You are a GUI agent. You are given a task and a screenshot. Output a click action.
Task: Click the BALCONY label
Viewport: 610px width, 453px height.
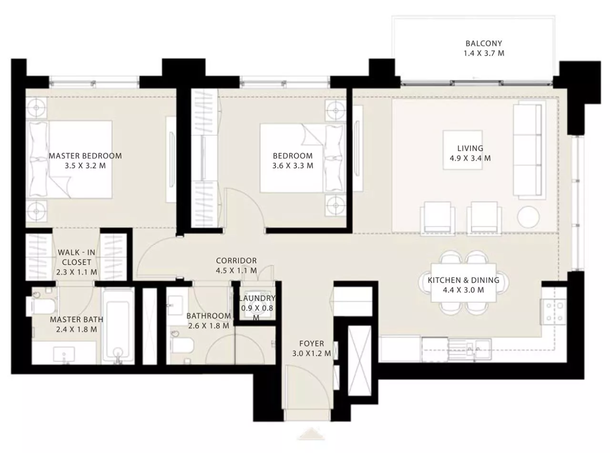click(484, 43)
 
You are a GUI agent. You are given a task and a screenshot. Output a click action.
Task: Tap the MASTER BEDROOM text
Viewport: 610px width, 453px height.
click(85, 156)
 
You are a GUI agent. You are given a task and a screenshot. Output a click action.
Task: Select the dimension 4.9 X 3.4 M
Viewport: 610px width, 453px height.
click(470, 158)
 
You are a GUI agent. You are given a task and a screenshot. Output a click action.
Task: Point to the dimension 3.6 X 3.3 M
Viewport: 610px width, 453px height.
click(293, 166)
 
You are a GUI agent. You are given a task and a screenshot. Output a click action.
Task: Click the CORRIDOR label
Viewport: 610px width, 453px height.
click(236, 261)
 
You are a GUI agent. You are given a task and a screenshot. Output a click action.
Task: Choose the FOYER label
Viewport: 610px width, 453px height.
click(312, 344)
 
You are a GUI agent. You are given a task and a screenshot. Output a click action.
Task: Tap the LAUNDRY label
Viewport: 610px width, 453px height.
click(257, 298)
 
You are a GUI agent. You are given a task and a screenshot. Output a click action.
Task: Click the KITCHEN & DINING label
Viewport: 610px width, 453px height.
click(463, 280)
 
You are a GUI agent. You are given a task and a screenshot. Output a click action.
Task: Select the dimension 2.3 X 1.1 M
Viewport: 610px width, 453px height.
click(77, 272)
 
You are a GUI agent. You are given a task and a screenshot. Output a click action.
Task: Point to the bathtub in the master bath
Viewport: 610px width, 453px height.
click(118, 326)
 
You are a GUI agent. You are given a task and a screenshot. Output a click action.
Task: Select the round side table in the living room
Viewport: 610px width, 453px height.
click(528, 217)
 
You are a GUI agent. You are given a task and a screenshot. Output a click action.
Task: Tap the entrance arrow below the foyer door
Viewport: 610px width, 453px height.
click(311, 434)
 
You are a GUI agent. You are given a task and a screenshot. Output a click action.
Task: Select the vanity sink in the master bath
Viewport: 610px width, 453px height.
click(64, 354)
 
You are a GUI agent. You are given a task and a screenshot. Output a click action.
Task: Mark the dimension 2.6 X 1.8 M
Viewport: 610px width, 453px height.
click(209, 326)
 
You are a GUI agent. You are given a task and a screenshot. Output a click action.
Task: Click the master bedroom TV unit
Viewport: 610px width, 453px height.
click(171, 160)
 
